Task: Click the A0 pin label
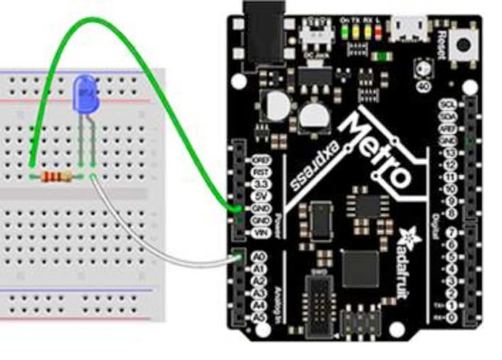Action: click(257, 259)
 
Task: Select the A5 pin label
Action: click(257, 317)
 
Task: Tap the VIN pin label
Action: click(258, 232)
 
